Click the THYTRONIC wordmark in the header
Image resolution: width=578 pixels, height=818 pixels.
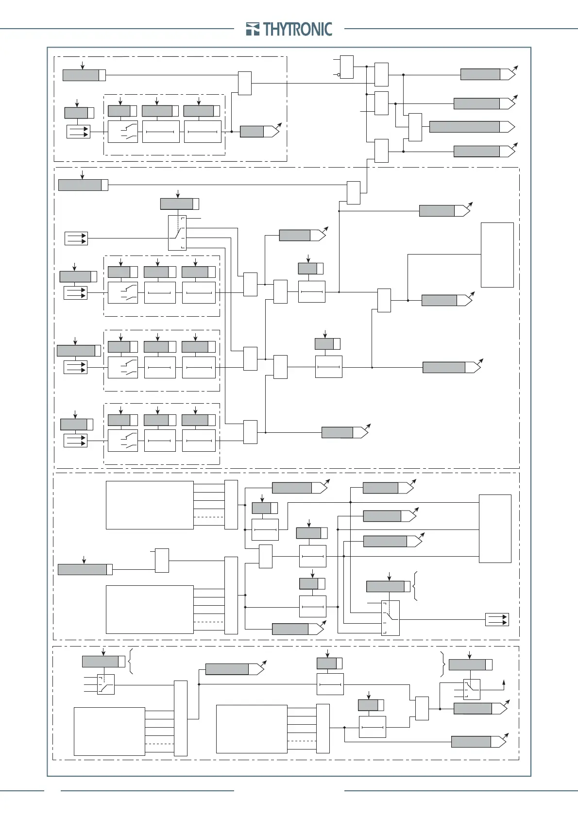[298, 29]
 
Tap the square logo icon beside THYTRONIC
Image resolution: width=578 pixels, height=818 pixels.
[253, 29]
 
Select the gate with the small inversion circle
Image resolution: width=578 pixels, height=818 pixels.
[346, 67]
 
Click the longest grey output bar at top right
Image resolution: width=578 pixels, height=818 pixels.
[464, 127]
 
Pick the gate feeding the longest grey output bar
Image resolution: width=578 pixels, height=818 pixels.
[415, 127]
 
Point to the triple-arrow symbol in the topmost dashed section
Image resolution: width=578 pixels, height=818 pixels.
[78, 132]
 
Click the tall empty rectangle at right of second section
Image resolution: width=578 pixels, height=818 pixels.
[497, 255]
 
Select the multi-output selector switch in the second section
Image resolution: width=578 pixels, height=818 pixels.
[177, 233]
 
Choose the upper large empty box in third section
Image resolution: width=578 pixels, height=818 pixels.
[150, 505]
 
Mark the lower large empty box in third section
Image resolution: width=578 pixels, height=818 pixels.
[150, 610]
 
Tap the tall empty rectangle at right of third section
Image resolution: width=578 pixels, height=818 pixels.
[495, 528]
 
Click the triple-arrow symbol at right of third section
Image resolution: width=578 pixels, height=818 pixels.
[497, 619]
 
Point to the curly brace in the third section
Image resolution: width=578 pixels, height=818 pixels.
[414, 586]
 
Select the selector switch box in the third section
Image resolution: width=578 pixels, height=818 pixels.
[390, 618]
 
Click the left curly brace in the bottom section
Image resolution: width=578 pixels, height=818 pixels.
[131, 661]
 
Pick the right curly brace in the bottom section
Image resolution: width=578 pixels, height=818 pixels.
[442, 665]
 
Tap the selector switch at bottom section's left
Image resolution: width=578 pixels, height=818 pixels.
[105, 684]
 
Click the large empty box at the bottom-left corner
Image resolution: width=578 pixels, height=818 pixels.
[109, 732]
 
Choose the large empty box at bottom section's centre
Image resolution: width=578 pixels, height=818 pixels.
[252, 729]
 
